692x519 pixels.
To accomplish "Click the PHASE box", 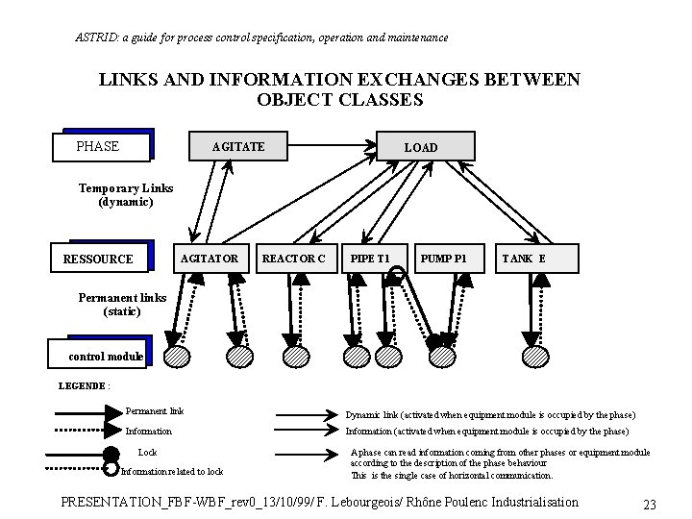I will tap(100, 146).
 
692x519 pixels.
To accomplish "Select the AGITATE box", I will tap(237, 146).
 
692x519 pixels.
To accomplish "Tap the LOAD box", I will tap(420, 147).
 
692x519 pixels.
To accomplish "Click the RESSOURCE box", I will tap(100, 259).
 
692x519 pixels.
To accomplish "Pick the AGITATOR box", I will tap(210, 259).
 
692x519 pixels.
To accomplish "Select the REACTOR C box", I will tap(294, 259).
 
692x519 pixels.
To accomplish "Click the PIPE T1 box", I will tap(370, 259).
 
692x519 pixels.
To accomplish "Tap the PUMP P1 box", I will tap(445, 259).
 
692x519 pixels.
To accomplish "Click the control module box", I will tap(106, 356).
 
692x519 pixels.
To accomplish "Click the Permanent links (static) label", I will tap(121, 304).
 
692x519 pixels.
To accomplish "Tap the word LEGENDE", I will tap(82, 385).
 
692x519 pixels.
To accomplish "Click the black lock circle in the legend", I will tap(111, 455).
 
